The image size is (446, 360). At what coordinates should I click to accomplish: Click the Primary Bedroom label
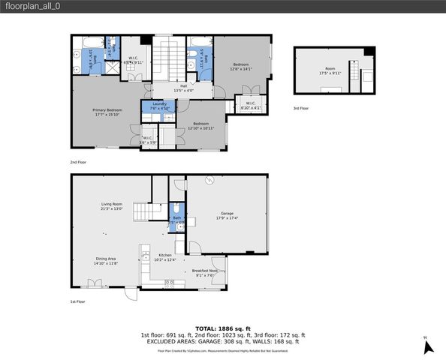tap(107, 112)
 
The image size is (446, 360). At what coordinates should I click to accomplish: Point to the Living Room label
tap(112, 205)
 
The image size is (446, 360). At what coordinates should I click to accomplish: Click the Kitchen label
tap(166, 258)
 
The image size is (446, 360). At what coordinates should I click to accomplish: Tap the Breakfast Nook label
tap(204, 272)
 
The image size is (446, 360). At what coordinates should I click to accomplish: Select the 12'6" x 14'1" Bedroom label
tap(240, 66)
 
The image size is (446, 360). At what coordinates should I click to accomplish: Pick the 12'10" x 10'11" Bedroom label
tap(200, 125)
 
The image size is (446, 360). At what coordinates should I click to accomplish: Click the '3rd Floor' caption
tap(300, 109)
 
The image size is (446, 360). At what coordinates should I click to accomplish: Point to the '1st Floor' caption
tap(78, 301)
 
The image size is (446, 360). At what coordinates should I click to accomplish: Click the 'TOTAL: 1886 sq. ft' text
tap(222, 328)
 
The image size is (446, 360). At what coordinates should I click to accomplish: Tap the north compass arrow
tap(429, 346)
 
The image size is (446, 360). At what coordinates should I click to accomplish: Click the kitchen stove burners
tap(170, 283)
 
